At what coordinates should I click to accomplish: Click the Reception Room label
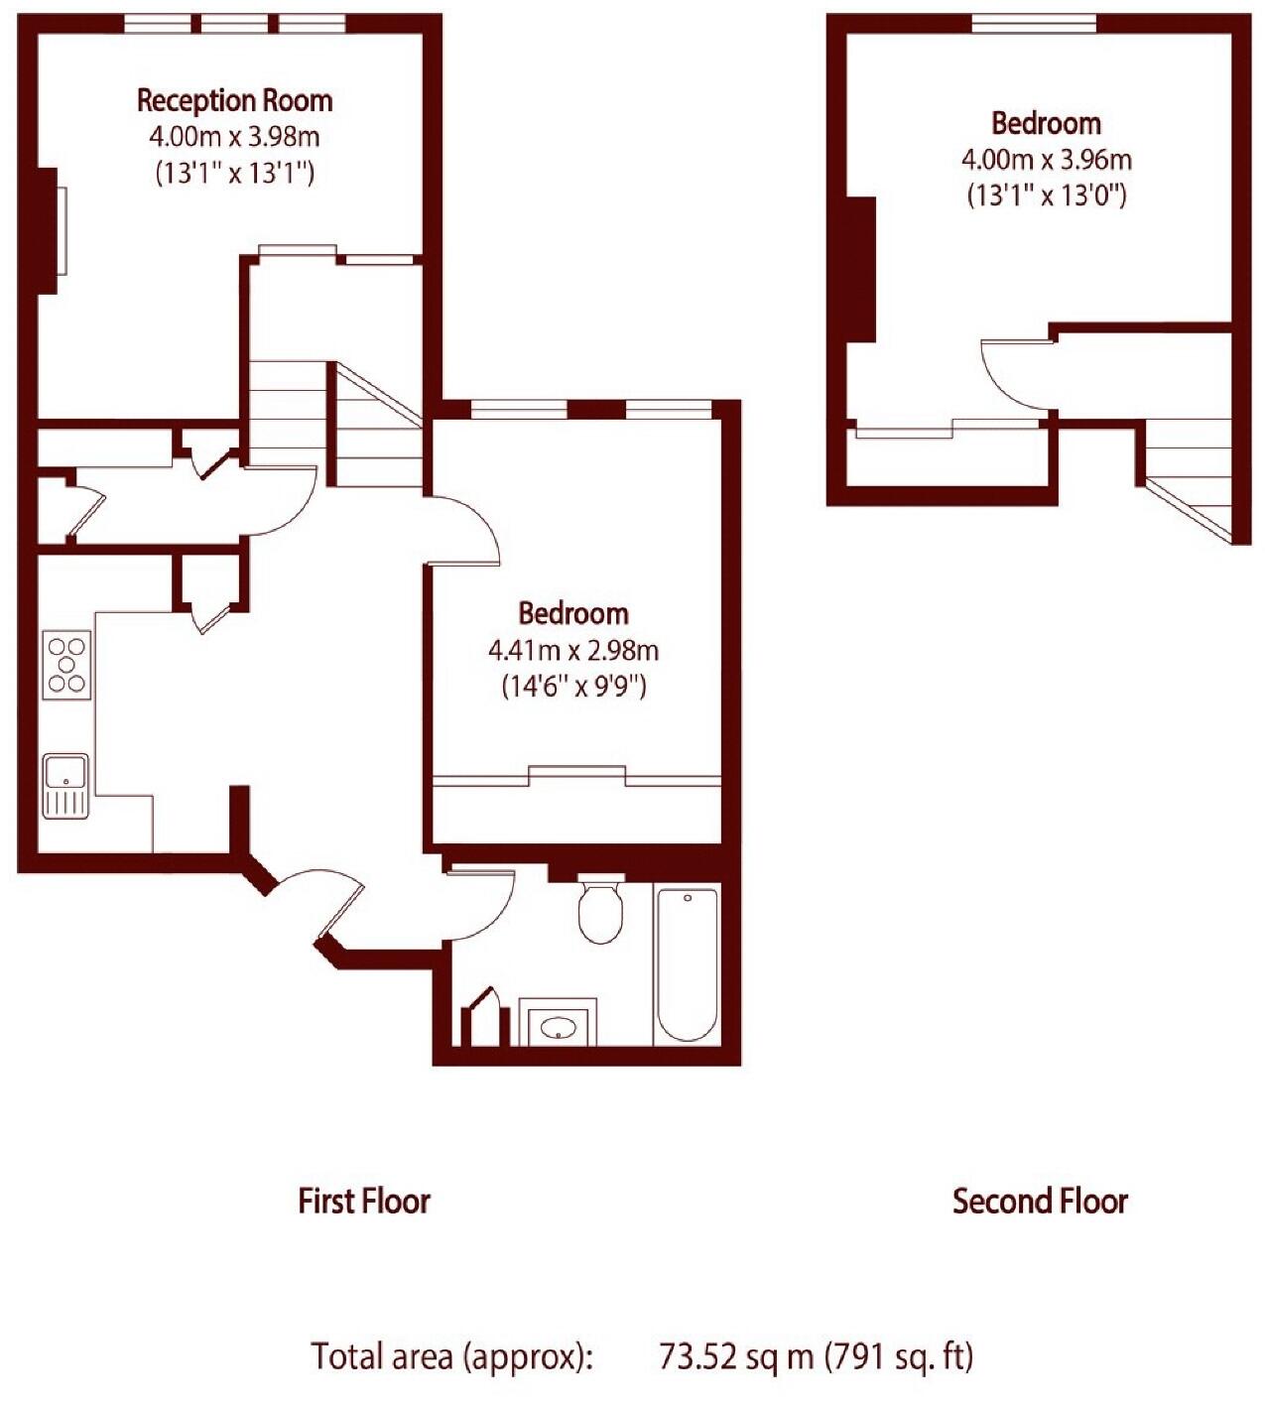point(234,100)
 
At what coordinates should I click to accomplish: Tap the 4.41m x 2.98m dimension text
point(573,651)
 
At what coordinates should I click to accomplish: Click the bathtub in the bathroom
point(687,963)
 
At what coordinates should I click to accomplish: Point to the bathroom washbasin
point(557,1025)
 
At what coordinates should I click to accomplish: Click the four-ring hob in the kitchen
point(67,666)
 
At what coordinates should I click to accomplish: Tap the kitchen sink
point(65,785)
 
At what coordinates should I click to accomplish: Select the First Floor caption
point(364,1201)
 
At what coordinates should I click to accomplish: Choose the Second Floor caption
point(1040,1201)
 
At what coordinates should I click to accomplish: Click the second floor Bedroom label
point(1046,123)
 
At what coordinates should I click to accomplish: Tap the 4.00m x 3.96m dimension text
point(1046,159)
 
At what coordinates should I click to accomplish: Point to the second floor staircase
point(1191,476)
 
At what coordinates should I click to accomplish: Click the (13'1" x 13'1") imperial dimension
point(234,173)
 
